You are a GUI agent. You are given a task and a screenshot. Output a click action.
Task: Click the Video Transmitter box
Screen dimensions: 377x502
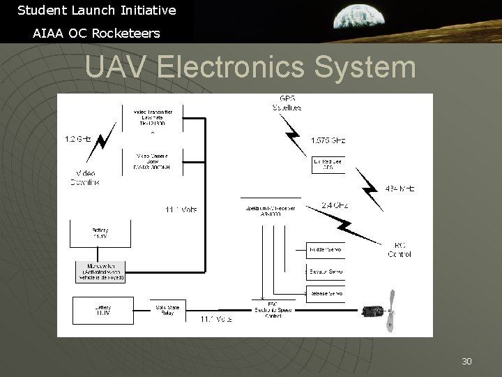(157, 117)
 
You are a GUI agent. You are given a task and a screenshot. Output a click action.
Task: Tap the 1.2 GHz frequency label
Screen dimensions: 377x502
(78, 140)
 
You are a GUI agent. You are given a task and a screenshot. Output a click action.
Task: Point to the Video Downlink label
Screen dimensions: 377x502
(85, 178)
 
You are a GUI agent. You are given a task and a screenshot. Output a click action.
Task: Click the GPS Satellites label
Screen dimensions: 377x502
(287, 103)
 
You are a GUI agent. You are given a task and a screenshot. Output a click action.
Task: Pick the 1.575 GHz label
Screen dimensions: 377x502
(328, 140)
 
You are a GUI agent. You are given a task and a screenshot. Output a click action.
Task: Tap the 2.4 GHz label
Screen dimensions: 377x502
(336, 205)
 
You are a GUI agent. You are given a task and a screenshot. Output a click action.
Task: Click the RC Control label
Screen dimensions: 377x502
(400, 249)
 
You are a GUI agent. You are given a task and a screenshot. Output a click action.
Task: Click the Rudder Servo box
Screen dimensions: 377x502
(326, 249)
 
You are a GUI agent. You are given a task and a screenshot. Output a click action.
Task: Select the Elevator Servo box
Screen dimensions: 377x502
(326, 271)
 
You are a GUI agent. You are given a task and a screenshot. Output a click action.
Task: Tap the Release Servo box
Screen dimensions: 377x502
(326, 294)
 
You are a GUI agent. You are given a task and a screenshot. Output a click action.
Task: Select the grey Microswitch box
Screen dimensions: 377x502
(100, 271)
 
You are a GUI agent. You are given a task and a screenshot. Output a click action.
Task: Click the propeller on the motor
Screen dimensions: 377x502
(392, 310)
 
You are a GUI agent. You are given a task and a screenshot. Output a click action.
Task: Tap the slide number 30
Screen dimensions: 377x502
(466, 361)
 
